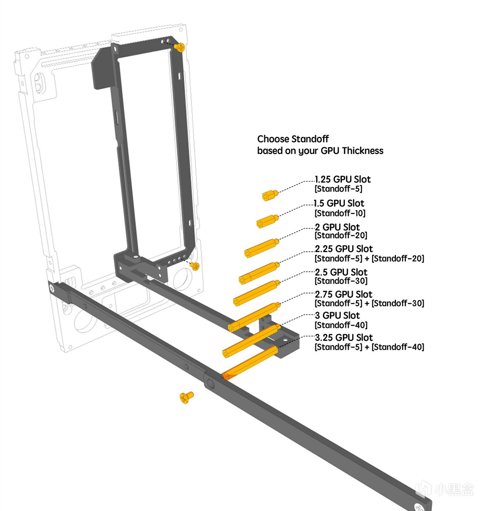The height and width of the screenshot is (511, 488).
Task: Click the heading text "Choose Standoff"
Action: coord(293,139)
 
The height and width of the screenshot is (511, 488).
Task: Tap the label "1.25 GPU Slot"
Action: coord(343,180)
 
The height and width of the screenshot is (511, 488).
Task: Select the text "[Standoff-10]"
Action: coord(340,213)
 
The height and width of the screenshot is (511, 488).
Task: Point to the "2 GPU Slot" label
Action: coord(337,227)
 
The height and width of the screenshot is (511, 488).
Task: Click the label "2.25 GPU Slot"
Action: coord(343,249)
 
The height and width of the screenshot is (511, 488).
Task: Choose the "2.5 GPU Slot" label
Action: coord(341,272)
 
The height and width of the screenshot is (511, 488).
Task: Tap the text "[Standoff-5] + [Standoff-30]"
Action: coord(369,303)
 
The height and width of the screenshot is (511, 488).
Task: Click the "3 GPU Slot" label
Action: coord(337,315)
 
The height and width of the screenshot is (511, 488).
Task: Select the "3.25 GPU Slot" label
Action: coord(343,337)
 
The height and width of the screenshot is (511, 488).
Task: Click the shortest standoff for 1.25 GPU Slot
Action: coord(269,195)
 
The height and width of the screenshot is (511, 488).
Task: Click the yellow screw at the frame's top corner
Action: coord(180,47)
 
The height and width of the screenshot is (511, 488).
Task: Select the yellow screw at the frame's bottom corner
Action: coord(195,266)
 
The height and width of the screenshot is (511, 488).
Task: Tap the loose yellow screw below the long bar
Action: coord(186,398)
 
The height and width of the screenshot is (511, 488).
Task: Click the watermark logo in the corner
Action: coord(424,490)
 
